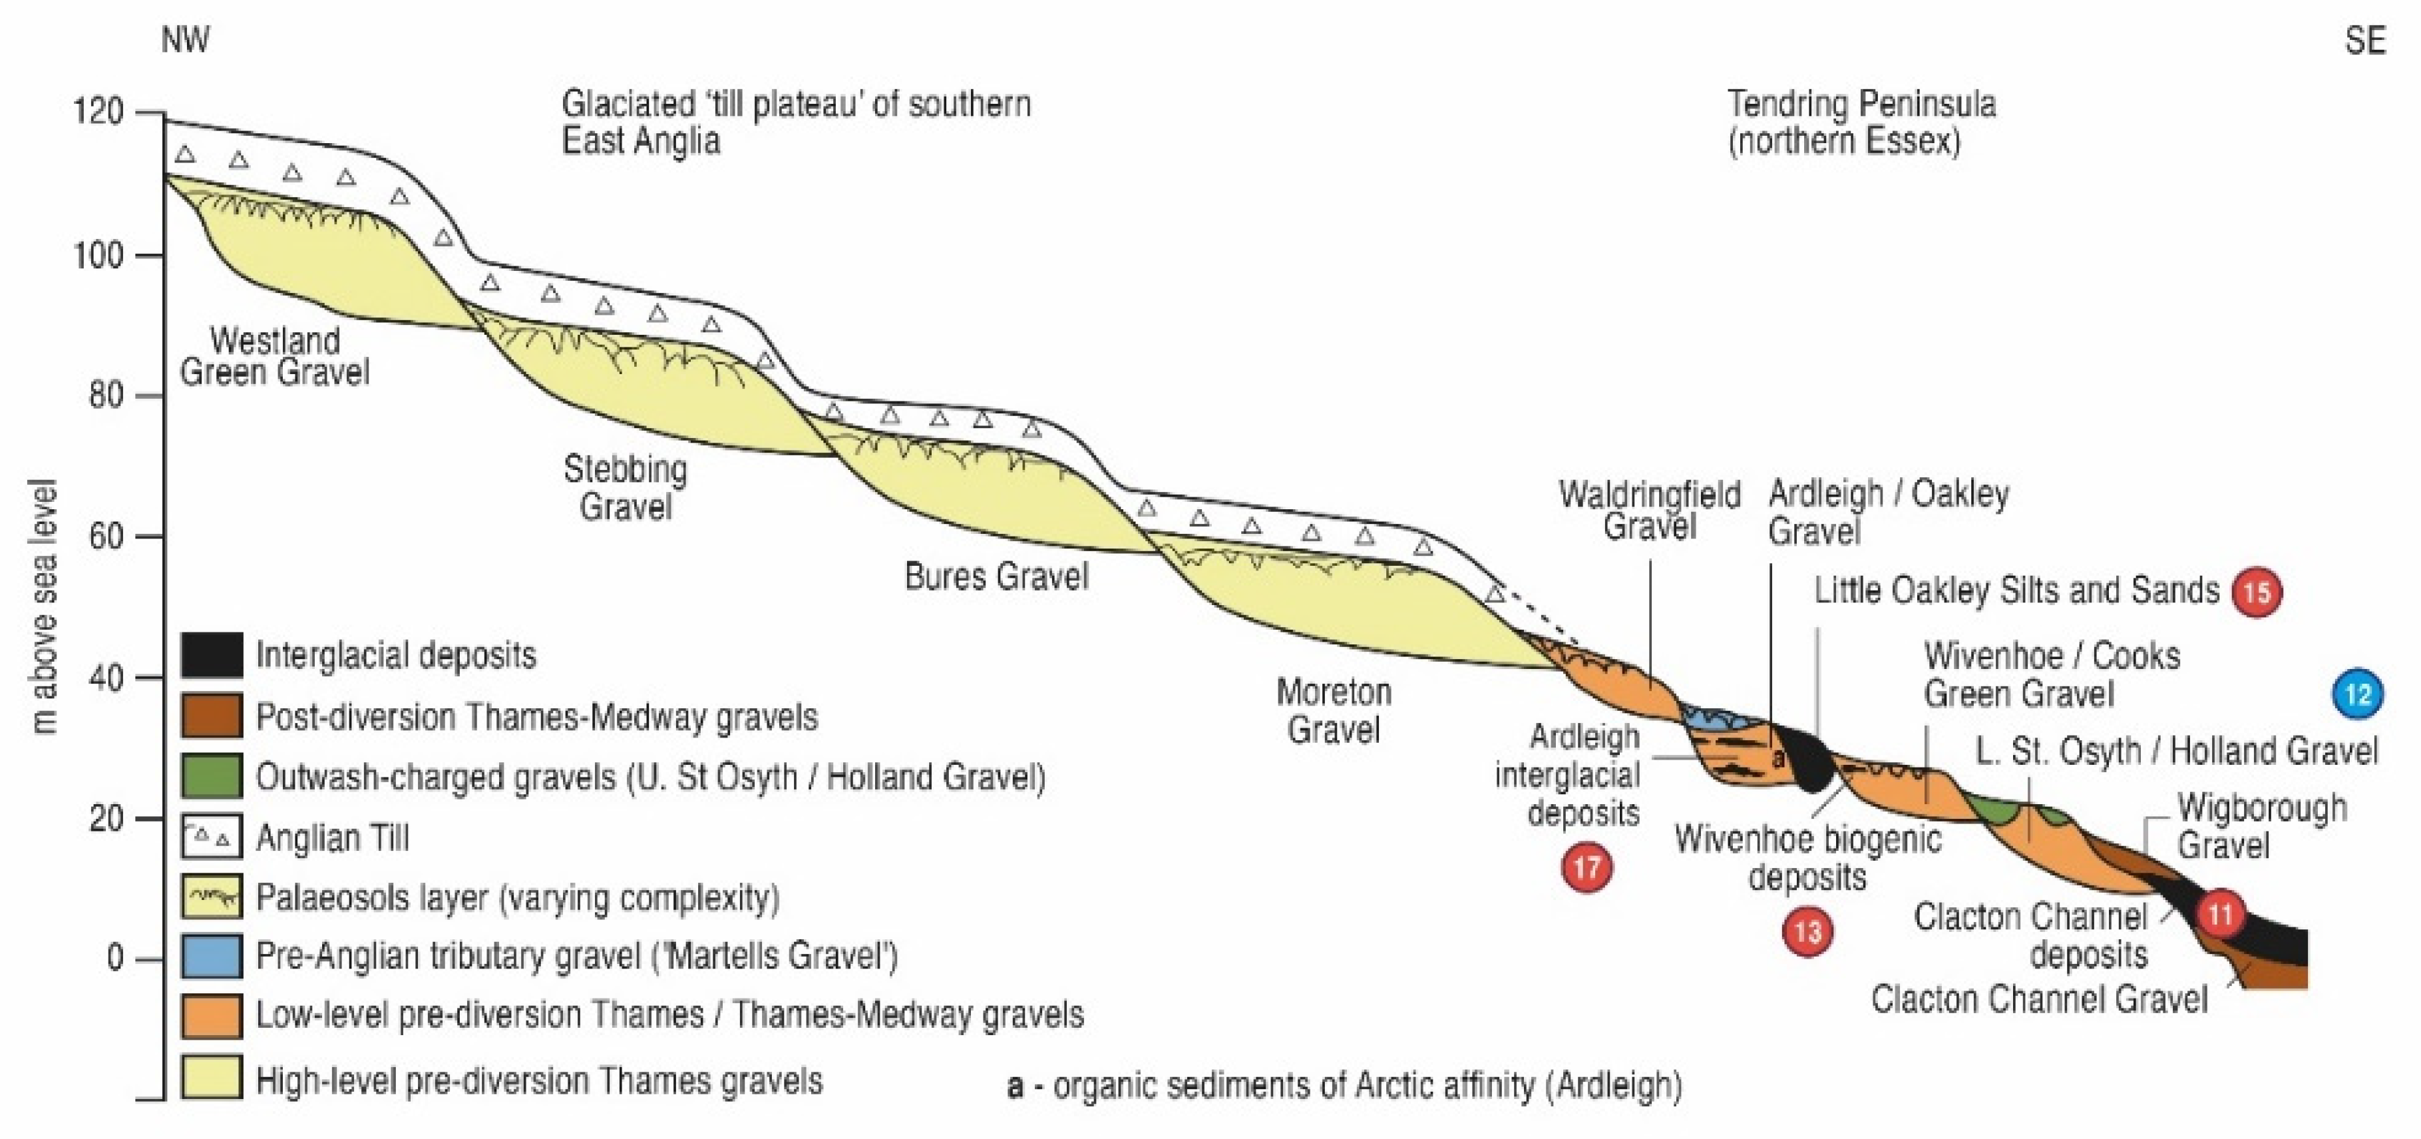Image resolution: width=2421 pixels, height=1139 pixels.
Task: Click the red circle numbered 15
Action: tap(2257, 592)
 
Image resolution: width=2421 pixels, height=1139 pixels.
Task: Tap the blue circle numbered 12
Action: tap(2358, 694)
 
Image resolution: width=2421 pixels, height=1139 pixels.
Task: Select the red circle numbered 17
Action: tap(1587, 867)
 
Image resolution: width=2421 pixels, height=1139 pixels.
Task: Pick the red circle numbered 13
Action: tap(1807, 932)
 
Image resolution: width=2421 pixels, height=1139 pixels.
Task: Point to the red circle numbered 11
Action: tap(2220, 913)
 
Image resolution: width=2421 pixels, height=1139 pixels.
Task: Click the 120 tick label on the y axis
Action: tap(98, 112)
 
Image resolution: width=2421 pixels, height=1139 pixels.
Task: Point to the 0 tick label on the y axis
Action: tap(114, 959)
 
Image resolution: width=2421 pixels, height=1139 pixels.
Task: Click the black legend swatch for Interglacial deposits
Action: tap(212, 655)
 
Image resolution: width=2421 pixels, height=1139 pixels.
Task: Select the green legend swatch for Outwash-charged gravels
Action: tap(212, 776)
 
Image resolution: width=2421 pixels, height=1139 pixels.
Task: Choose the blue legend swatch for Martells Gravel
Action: tap(212, 956)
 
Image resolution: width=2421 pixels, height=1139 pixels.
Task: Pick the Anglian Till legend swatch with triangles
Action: tap(212, 836)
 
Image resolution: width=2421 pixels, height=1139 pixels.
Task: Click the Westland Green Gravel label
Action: tap(274, 356)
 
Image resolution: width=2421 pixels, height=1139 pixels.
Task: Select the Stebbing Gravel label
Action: tap(625, 488)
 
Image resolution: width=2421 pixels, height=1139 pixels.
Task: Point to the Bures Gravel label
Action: tap(996, 576)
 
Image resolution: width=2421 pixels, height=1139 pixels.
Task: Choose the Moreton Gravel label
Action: tap(1333, 710)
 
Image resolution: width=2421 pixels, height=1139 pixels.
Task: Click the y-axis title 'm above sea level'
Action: tap(43, 607)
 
